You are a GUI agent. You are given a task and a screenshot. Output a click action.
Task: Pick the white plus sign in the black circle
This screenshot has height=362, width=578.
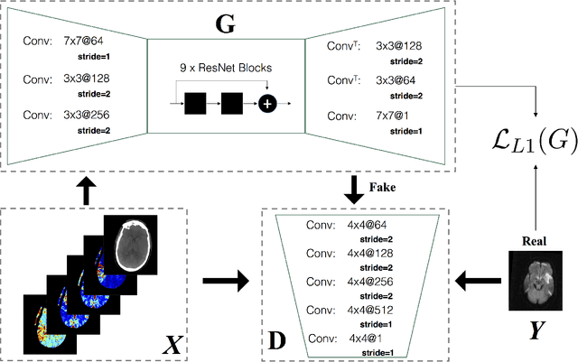(x=266, y=104)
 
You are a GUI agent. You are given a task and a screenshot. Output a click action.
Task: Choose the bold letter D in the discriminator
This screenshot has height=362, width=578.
(x=278, y=342)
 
